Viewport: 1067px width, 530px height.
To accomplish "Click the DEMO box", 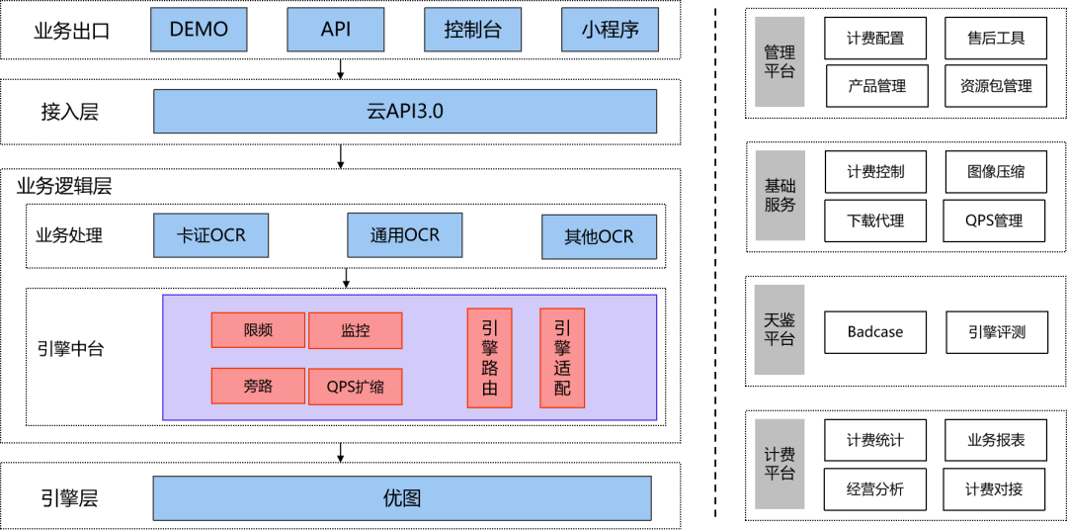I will point(199,30).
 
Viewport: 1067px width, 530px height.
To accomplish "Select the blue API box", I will point(335,30).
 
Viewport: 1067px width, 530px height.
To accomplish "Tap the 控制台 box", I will point(472,30).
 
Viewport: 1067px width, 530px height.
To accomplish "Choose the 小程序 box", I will point(609,30).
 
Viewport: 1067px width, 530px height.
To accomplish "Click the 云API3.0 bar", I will point(404,111).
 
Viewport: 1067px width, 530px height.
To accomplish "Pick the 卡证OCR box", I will point(211,236).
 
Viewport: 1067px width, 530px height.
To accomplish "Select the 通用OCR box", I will point(404,235).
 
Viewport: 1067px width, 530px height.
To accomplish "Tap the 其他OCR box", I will point(599,237).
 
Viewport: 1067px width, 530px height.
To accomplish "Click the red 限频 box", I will point(258,330).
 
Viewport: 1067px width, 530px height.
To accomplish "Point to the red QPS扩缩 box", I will point(356,386).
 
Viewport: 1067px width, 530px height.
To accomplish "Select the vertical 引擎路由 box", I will point(489,358).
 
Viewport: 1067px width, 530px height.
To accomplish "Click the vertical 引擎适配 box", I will point(561,358).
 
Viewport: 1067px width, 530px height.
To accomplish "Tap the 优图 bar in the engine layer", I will point(401,498).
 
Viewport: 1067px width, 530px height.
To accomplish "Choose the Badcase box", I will point(874,332).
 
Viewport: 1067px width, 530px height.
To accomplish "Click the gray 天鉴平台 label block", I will point(779,330).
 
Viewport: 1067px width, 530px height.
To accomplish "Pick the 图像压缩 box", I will point(996,171).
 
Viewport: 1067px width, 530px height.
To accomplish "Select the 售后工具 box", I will point(996,39).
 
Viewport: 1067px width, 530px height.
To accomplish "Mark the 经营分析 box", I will point(874,488).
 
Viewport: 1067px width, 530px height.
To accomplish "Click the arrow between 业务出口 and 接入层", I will point(341,68).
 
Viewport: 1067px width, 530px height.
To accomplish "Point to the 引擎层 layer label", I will point(70,498).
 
